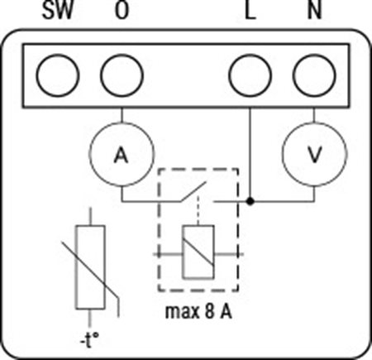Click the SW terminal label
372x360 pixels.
tap(58, 10)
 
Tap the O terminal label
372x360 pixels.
tap(122, 10)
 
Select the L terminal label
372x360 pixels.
tap(250, 11)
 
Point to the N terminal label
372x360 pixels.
tap(314, 11)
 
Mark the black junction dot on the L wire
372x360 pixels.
tap(250, 201)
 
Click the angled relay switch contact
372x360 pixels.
tap(193, 191)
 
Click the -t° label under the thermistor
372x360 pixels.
tap(89, 340)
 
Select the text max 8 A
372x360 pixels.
tap(198, 311)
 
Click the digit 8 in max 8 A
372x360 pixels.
tap(210, 311)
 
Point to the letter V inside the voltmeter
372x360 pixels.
tap(314, 155)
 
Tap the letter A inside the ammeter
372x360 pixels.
tap(122, 155)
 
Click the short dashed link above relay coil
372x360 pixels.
tap(198, 210)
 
